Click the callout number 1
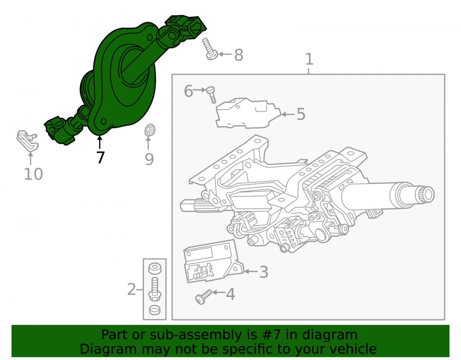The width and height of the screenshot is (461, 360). click(309, 59)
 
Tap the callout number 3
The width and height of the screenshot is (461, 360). click(263, 272)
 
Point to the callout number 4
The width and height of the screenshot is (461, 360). click(230, 294)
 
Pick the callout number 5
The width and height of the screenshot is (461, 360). click(301, 114)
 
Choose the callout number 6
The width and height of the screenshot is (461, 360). click(189, 91)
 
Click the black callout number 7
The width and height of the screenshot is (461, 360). click(100, 158)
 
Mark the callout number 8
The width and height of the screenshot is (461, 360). click(239, 55)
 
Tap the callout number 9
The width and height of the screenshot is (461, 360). click(149, 159)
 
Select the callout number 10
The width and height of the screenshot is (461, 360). click(33, 174)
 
